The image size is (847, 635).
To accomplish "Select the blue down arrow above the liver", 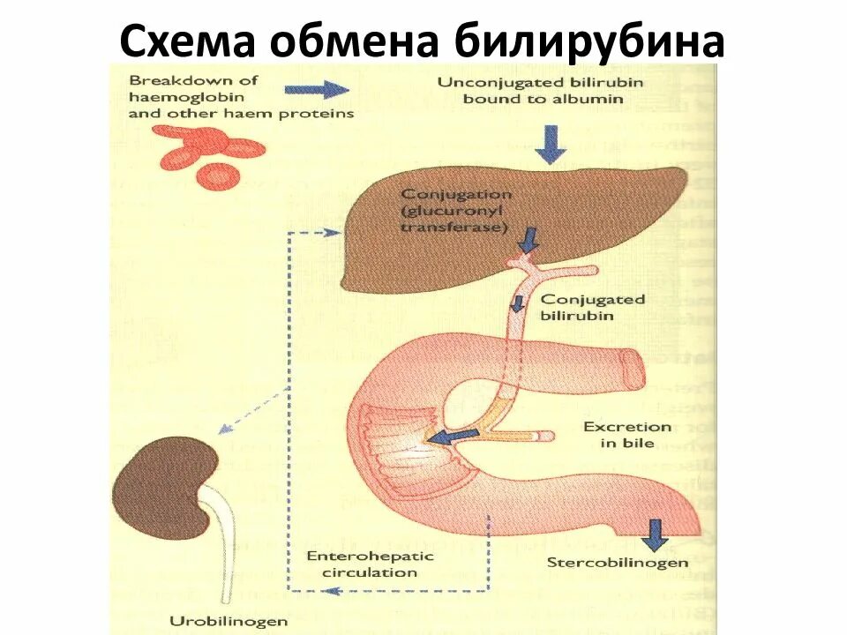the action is [x=551, y=143].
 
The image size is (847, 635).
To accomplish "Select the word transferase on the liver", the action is [x=453, y=227].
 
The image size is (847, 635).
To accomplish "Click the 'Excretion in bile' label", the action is [x=627, y=435].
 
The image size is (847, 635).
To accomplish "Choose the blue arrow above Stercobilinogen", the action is [x=654, y=534].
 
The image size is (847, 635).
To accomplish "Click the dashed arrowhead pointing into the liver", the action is [x=332, y=233].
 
